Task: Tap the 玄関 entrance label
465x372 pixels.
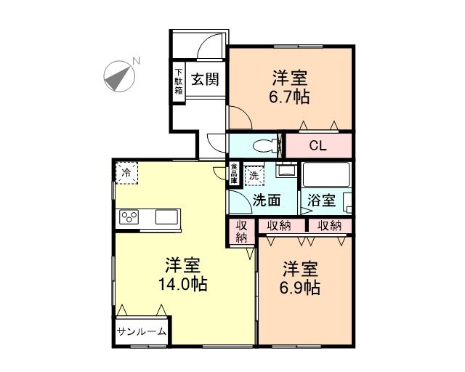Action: [205, 80]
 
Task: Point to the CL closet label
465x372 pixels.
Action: [318, 145]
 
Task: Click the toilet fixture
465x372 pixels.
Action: [266, 144]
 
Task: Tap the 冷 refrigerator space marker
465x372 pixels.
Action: [126, 173]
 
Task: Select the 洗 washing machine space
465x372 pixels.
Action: [254, 174]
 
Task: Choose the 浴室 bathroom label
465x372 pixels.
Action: [320, 200]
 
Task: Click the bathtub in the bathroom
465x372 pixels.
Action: [326, 175]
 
